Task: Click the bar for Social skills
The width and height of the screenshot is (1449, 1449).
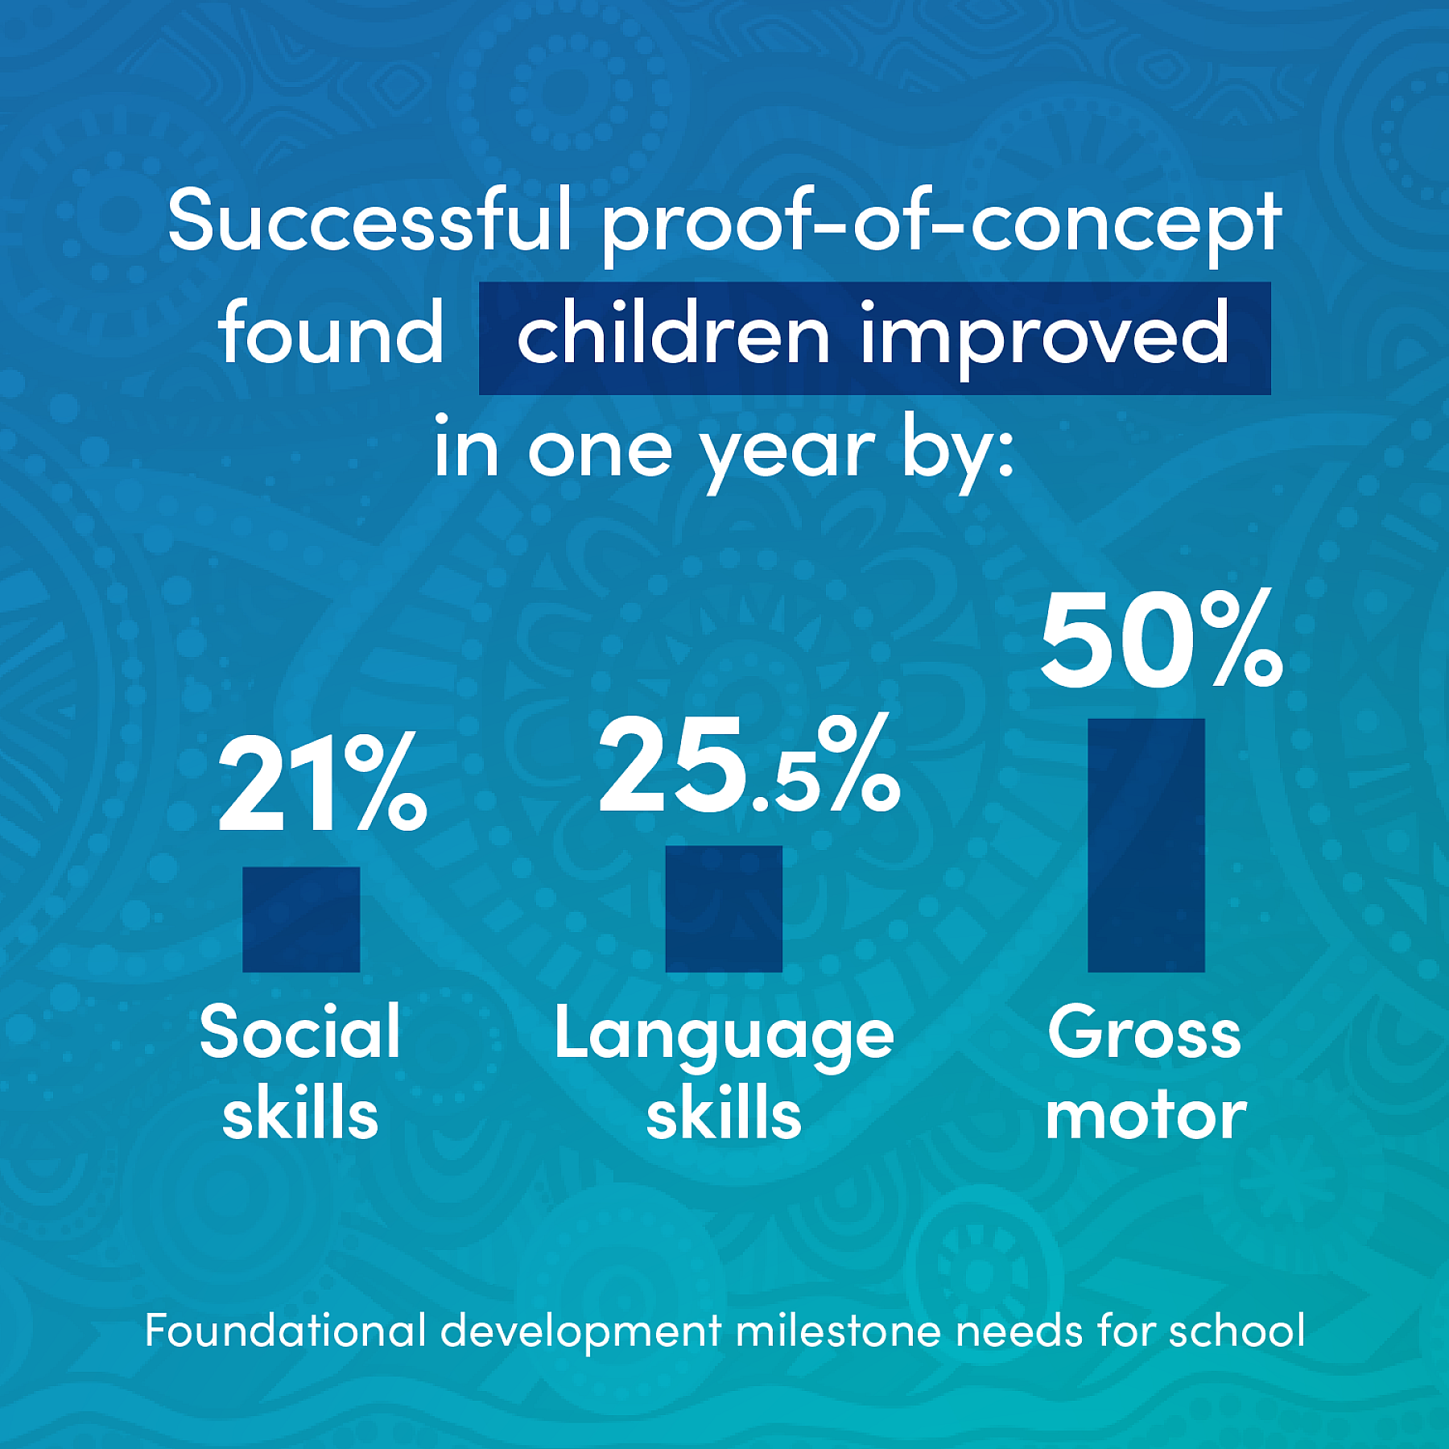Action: coord(301,919)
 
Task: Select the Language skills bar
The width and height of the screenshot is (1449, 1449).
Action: coord(724,909)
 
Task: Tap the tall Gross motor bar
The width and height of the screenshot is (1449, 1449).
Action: coord(1146,845)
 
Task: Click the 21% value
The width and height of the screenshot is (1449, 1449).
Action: coord(322,782)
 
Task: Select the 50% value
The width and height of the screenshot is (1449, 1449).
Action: coord(1162,639)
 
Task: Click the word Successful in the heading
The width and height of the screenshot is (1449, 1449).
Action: coord(369,220)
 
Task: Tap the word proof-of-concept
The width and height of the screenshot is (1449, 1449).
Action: coord(941,225)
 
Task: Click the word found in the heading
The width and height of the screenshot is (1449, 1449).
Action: coord(331,332)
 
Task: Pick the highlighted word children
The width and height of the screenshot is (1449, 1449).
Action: coord(673,332)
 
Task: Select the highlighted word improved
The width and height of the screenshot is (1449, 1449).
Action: coord(1045,338)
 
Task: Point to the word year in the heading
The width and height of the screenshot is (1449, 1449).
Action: coord(786,455)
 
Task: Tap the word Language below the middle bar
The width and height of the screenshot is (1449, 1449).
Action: coord(724,1038)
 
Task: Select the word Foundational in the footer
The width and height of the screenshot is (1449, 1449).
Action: coord(285,1330)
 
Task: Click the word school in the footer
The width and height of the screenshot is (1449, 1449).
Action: coord(1236,1330)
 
